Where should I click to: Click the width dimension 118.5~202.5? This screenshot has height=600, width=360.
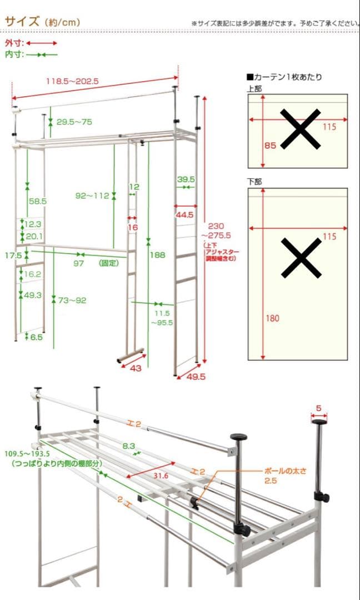click(73, 81)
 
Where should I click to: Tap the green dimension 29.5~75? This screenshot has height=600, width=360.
click(74, 122)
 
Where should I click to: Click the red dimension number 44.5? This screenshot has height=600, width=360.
click(185, 215)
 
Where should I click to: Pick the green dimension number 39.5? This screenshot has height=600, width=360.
click(186, 179)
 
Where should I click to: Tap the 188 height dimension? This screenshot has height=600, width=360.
click(158, 254)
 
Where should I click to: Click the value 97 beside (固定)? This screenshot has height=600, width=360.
click(79, 263)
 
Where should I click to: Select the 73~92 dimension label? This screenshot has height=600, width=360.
click(72, 301)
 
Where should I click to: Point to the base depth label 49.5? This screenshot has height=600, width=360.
click(197, 377)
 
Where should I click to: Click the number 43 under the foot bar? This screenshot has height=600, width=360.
click(136, 368)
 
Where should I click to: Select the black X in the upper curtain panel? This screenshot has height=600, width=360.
click(301, 129)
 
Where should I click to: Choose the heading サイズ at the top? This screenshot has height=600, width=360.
click(22, 22)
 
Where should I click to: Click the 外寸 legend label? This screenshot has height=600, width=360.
click(14, 43)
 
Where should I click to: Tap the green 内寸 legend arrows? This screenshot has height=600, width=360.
click(42, 55)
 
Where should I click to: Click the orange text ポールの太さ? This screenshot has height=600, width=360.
click(285, 472)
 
